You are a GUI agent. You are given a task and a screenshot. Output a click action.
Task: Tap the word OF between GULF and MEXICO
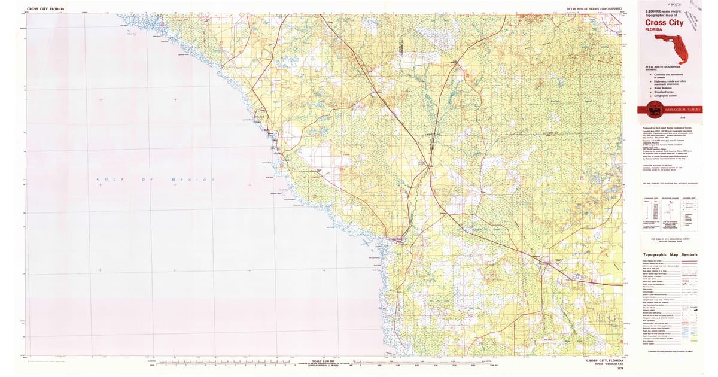tap(144, 180)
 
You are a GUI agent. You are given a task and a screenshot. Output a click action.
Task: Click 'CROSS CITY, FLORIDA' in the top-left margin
tap(47, 10)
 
